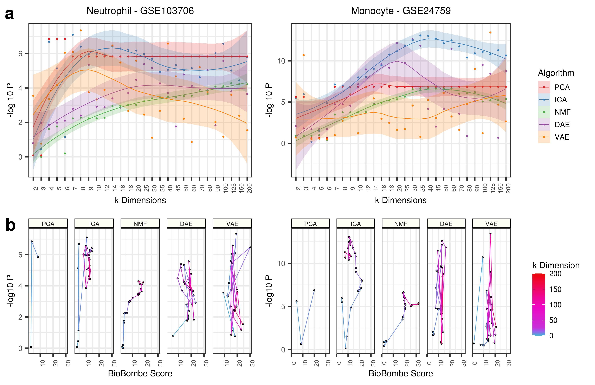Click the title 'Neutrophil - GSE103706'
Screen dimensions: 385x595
[140, 11]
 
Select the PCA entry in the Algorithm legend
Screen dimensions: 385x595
[562, 87]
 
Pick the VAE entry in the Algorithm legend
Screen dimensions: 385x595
[562, 137]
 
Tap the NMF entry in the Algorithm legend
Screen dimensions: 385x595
[562, 112]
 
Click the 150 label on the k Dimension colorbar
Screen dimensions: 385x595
[555, 289]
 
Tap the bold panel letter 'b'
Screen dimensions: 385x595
[10, 225]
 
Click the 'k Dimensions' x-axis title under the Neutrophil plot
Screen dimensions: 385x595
[140, 200]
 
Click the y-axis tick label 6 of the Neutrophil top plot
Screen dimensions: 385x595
[20, 54]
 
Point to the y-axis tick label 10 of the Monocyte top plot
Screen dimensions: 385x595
[281, 61]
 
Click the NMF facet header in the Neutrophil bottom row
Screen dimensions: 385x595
[140, 224]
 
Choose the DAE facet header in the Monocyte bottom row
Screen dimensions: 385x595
[446, 224]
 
